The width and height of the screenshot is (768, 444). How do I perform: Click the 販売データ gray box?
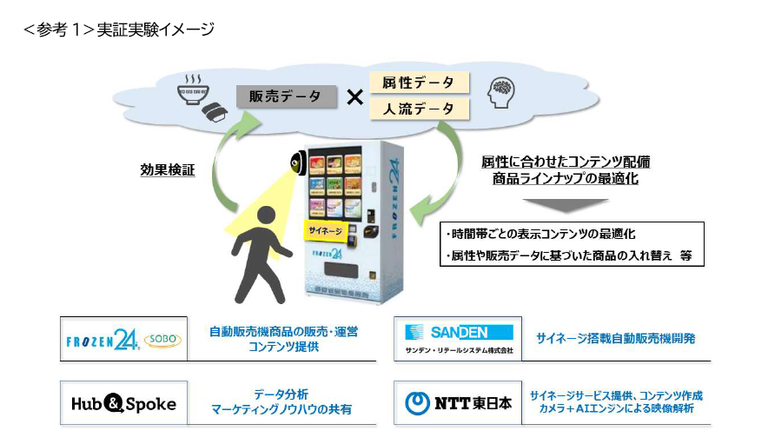286,96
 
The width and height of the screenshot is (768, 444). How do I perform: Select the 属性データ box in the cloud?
419,83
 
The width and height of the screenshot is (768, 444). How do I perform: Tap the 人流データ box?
419,109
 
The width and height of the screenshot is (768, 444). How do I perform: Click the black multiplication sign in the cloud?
354,97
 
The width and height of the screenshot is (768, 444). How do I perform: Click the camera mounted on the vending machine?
297,162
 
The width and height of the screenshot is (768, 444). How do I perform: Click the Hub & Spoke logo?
123,403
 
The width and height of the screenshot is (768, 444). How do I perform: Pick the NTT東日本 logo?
459,403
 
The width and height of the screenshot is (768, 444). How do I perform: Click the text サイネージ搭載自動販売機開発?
616,339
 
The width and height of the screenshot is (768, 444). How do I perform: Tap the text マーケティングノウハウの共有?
281,410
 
